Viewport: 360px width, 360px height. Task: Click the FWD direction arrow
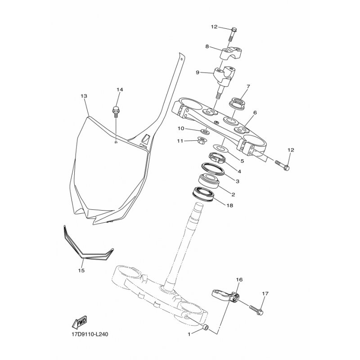tap(80, 321)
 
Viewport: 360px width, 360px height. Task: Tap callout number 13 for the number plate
tap(84, 96)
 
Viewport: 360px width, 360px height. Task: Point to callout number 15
tap(81, 270)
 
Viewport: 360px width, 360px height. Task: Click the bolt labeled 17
tap(256, 310)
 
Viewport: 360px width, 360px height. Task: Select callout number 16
tap(239, 279)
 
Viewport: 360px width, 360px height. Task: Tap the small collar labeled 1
tap(205, 328)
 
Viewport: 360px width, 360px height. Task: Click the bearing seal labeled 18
tap(204, 194)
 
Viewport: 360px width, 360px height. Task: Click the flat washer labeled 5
tap(220, 148)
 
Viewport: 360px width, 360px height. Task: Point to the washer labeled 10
tap(204, 131)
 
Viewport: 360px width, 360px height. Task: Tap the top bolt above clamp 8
tap(233, 35)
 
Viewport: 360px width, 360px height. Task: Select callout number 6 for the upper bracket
tap(255, 113)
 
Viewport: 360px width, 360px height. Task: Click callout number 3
tap(238, 181)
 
